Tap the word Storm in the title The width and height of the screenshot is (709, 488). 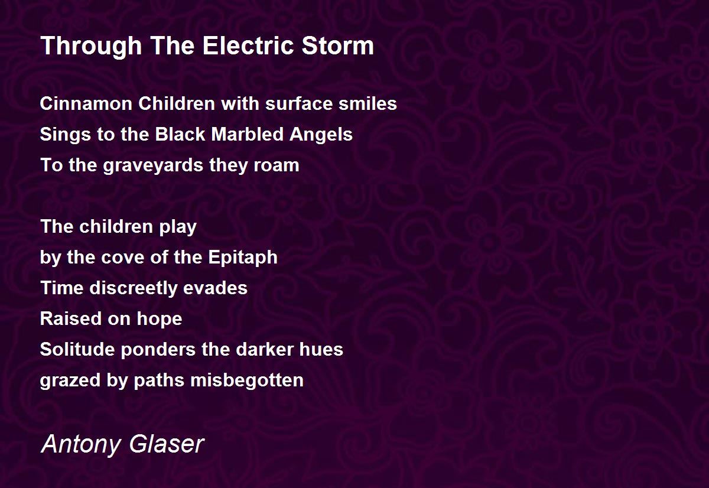click(338, 45)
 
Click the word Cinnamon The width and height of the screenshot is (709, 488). click(86, 103)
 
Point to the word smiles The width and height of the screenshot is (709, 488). click(367, 103)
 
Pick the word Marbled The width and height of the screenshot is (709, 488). click(247, 134)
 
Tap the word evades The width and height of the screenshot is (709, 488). click(215, 288)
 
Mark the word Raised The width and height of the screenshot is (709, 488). click(71, 318)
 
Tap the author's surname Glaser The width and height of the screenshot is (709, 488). click(167, 444)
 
